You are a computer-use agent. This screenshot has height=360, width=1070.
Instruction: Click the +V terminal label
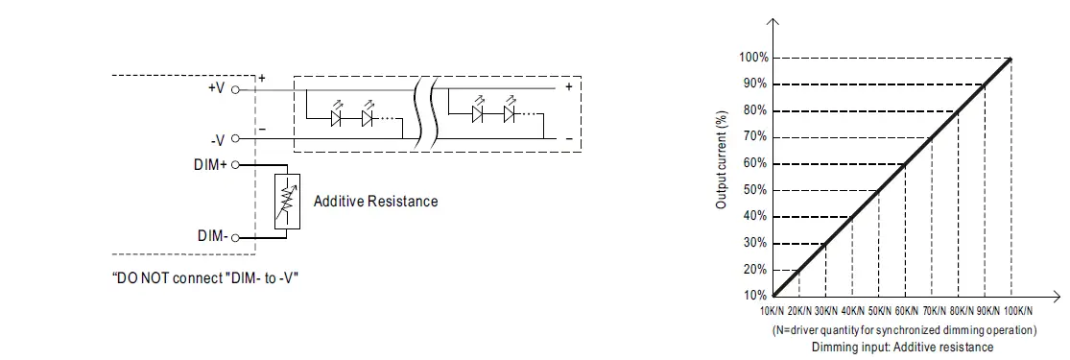click(x=216, y=87)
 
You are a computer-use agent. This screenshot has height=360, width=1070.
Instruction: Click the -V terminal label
click(x=217, y=140)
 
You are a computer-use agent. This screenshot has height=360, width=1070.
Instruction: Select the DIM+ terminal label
click(x=210, y=165)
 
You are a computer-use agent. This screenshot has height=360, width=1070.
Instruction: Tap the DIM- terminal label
click(x=212, y=235)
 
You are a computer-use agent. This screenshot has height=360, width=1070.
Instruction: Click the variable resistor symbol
click(x=286, y=202)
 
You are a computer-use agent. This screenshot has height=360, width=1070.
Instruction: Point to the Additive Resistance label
click(x=375, y=202)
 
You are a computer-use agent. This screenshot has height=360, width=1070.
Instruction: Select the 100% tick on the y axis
click(x=752, y=58)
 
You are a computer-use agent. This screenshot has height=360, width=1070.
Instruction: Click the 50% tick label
click(x=755, y=190)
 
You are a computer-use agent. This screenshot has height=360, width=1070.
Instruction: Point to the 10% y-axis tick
click(x=755, y=296)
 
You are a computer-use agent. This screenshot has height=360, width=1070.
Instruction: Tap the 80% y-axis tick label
click(x=755, y=110)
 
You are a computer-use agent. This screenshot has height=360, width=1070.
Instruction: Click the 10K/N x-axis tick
click(x=772, y=311)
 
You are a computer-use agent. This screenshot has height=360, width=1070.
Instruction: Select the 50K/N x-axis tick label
click(x=878, y=311)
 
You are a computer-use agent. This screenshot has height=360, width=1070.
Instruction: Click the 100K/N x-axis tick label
click(x=1012, y=311)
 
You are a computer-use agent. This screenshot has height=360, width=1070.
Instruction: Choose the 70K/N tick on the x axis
click(x=932, y=311)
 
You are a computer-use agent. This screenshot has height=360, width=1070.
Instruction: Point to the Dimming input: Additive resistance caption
click(x=902, y=347)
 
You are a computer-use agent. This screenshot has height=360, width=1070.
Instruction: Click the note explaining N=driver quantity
click(x=904, y=330)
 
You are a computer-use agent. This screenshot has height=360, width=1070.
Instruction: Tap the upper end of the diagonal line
click(x=1011, y=60)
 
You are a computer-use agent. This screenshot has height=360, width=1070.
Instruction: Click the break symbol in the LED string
click(x=427, y=113)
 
